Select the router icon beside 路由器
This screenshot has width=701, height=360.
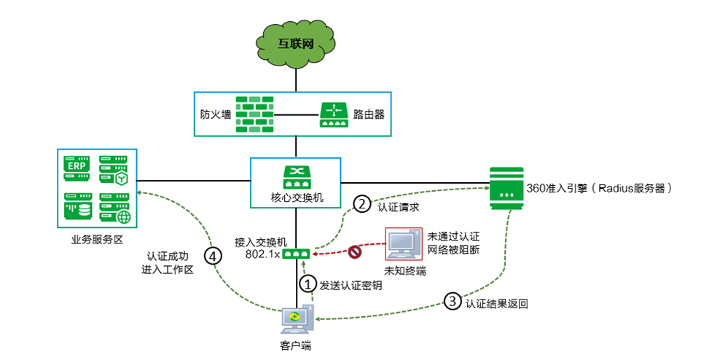point(334,114)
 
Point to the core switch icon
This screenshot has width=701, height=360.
point(296,177)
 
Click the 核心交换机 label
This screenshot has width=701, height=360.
point(296,197)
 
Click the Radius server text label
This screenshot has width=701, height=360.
point(599,187)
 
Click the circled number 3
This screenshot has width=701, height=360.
point(453,300)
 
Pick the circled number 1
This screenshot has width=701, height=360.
point(308,283)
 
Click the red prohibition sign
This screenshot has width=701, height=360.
point(356,253)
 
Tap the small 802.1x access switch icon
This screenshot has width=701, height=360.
point(297,253)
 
